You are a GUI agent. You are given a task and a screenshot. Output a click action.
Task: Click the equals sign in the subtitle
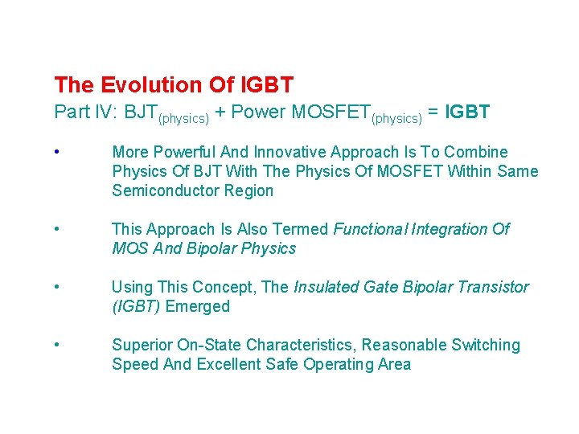433,113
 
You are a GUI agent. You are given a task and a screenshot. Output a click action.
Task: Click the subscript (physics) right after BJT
184,118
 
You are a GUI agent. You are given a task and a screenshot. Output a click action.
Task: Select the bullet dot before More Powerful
57,152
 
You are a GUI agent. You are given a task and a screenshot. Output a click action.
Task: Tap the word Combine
478,152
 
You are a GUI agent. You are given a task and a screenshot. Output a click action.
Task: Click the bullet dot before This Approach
57,229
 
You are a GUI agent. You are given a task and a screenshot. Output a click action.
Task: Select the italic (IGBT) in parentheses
135,306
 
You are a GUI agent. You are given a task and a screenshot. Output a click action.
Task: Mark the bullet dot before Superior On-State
57,345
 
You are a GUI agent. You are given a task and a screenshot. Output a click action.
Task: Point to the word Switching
481,345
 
